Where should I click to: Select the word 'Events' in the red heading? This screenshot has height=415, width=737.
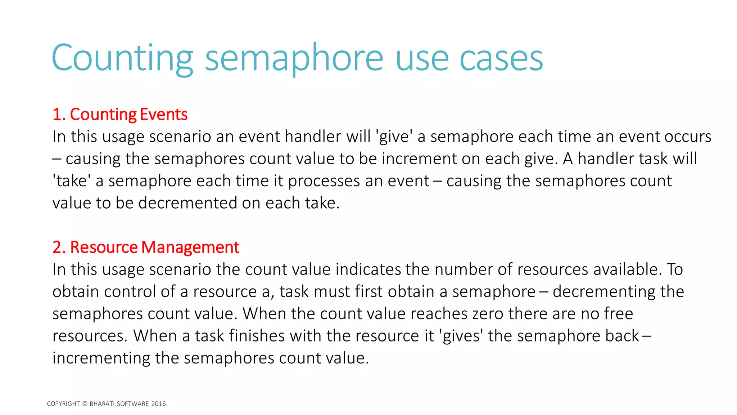point(163,115)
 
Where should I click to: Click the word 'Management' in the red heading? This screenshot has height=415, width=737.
point(190,247)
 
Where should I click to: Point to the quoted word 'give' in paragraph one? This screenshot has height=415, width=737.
point(394,137)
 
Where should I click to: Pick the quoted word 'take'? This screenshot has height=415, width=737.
point(72,181)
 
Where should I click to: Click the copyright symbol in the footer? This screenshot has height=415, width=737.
point(85,404)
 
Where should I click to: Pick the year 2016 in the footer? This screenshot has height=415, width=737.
point(159,404)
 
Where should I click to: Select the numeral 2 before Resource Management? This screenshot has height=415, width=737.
point(57,247)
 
